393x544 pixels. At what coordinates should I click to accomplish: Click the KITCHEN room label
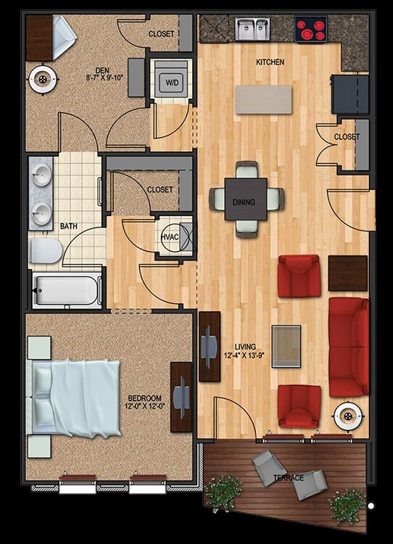(x=270, y=63)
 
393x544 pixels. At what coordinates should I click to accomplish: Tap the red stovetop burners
(x=310, y=30)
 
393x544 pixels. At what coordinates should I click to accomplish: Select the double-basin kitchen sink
(x=252, y=29)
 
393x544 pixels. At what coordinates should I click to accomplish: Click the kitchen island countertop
(x=264, y=99)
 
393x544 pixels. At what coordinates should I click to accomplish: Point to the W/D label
(x=172, y=83)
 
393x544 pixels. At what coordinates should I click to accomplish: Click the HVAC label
(x=170, y=236)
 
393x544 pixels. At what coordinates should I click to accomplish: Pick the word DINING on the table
(x=244, y=202)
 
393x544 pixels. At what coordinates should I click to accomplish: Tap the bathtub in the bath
(x=67, y=290)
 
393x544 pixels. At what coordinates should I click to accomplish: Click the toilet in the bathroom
(x=46, y=252)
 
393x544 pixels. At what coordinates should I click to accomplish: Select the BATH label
(x=69, y=226)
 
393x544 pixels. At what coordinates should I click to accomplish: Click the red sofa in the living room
(x=349, y=346)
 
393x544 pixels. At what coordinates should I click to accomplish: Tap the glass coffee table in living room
(x=286, y=342)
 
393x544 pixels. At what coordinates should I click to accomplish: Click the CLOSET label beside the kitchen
(x=347, y=137)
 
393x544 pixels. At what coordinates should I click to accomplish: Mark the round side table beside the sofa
(x=348, y=417)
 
